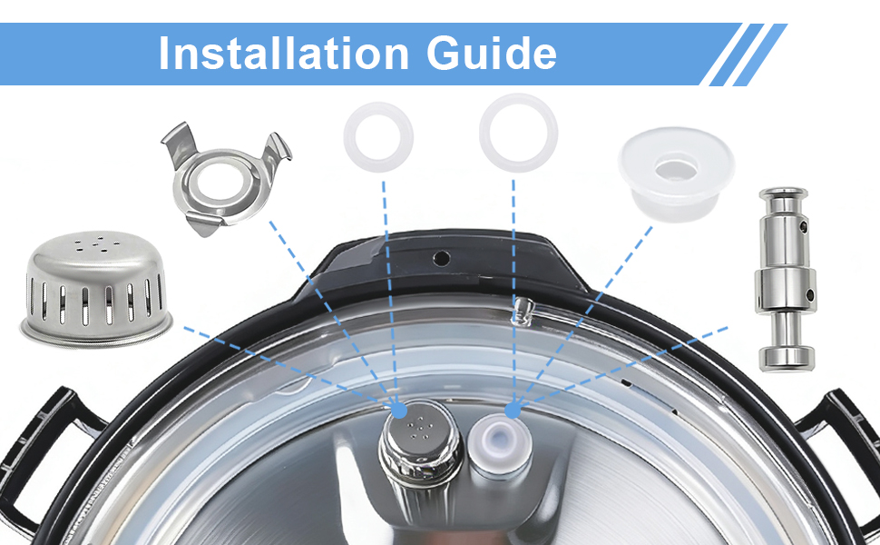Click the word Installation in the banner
283,54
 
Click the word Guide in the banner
492,54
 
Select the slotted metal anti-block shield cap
96,289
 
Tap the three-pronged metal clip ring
226,179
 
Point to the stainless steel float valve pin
787,279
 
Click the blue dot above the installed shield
398,411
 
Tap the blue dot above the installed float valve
513,411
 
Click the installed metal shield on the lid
421,444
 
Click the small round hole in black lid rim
441,259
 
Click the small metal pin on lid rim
523,310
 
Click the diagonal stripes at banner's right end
744,54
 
